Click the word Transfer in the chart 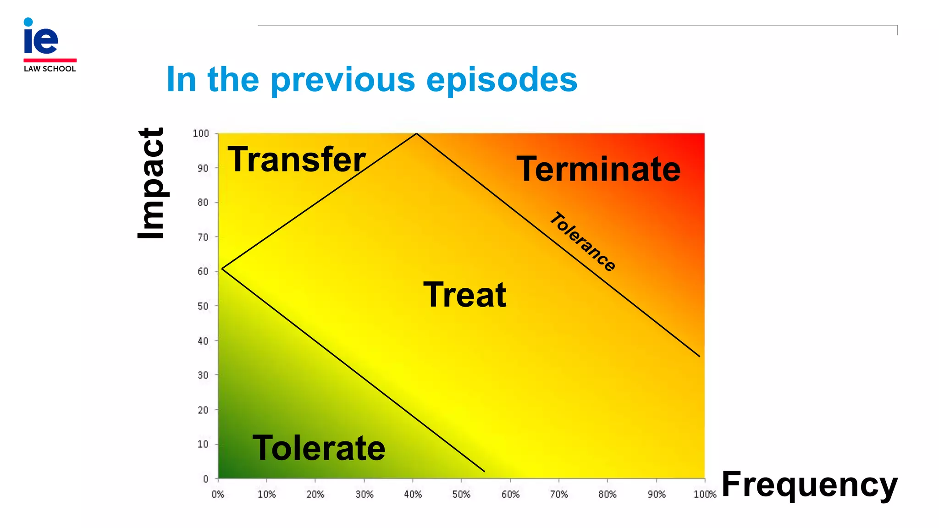[297, 159]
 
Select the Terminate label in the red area [598, 169]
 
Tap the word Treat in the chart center [464, 295]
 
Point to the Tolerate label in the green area [319, 448]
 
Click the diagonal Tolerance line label [583, 242]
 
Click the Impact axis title [152, 183]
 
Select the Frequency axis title [809, 484]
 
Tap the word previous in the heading [343, 80]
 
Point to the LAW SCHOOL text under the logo [50, 69]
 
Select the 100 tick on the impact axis [201, 133]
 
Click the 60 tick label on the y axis [203, 271]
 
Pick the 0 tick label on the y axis [205, 479]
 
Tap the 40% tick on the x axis [413, 495]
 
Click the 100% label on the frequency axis [705, 495]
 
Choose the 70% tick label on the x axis [559, 495]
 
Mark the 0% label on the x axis [218, 495]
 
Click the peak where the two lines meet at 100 [416, 134]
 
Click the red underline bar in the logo [50, 60]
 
